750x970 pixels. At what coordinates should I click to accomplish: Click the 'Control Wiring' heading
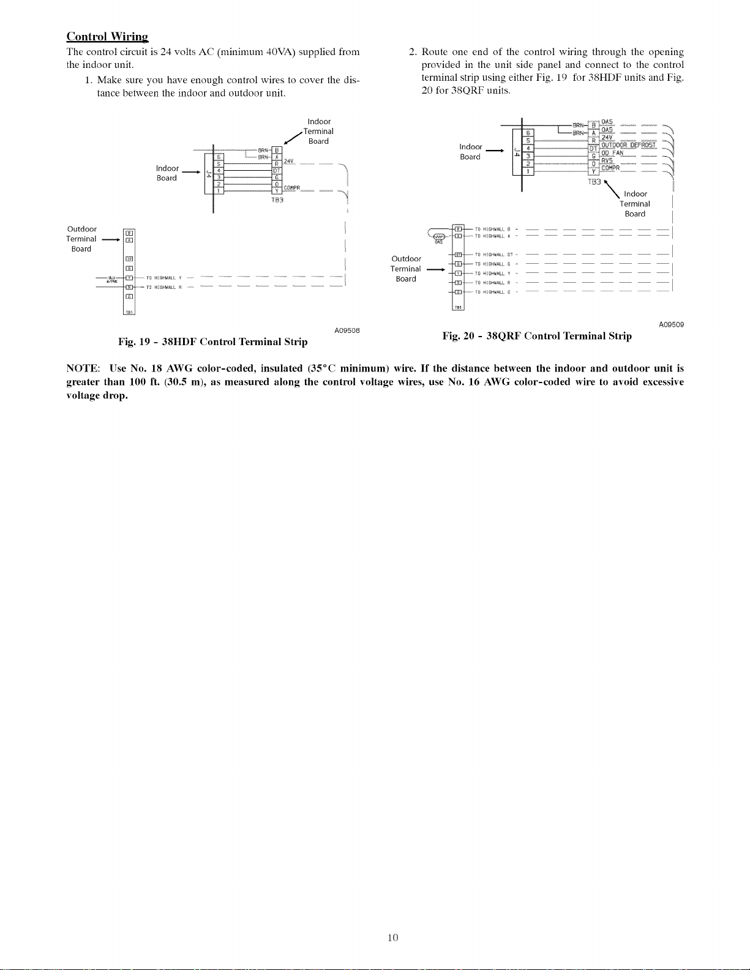click(x=107, y=36)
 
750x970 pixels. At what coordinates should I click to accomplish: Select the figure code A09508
click(x=347, y=331)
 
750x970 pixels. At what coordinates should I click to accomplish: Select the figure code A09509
click(x=671, y=324)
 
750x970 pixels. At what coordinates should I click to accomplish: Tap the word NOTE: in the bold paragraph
click(x=83, y=368)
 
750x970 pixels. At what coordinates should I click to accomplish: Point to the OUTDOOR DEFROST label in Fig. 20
click(x=628, y=145)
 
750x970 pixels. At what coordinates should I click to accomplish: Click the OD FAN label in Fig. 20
click(x=612, y=153)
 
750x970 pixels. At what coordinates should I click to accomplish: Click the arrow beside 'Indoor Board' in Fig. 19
click(x=190, y=173)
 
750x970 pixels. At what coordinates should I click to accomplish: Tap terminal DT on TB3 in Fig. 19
click(x=277, y=170)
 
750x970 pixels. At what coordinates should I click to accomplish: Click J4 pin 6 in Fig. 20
click(x=528, y=133)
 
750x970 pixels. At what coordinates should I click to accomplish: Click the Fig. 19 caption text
click(x=212, y=341)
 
